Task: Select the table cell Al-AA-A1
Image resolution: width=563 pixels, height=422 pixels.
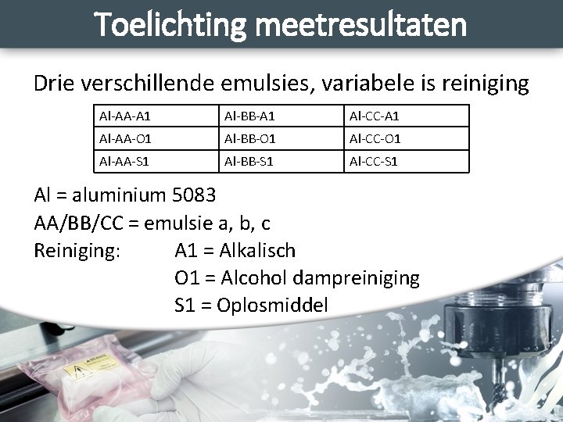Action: (x=125, y=116)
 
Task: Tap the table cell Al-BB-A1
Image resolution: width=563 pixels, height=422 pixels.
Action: (x=250, y=116)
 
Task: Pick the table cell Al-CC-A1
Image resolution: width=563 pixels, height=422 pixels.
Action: (x=375, y=116)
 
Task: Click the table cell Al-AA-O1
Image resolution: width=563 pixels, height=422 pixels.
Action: (x=125, y=139)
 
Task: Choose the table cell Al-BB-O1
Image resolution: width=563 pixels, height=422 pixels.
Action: (x=250, y=139)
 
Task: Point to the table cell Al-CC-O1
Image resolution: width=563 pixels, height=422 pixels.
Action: (x=375, y=139)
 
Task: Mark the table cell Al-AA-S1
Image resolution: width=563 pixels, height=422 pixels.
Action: (x=125, y=162)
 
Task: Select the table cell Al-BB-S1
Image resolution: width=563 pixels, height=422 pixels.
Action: (x=250, y=162)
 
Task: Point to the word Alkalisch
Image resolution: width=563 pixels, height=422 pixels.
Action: (x=258, y=251)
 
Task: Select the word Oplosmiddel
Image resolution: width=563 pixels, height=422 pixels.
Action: (x=274, y=306)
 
